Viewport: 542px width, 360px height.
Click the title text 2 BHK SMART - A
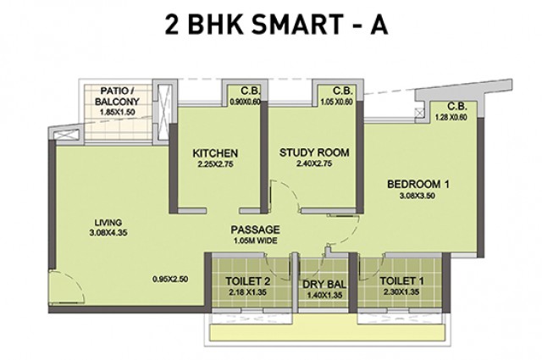pos(276,25)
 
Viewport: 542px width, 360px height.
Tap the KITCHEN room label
pos(215,153)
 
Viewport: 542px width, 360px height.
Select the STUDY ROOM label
pos(314,152)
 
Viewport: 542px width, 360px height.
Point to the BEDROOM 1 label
pos(418,185)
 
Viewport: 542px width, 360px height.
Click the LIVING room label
pos(108,223)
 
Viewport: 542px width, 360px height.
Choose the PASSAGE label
pos(255,230)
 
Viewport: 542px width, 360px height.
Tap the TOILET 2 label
pos(248,281)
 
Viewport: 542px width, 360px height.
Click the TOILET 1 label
pos(401,281)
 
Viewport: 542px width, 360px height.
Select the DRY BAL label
pos(324,285)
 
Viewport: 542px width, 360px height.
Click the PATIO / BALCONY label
pos(117,97)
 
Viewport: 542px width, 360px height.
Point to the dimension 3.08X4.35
pos(108,233)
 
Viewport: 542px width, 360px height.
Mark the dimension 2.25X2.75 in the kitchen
pos(215,164)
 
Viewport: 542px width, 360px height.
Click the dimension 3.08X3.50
pos(418,196)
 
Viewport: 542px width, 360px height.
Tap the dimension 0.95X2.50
pos(170,279)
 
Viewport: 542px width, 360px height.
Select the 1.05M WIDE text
pos(255,241)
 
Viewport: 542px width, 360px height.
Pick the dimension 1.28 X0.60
pos(451,117)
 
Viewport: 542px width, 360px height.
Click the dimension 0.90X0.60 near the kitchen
pos(245,102)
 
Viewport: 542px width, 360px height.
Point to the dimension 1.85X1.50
pos(117,112)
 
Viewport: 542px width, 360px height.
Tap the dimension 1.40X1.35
pos(324,296)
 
